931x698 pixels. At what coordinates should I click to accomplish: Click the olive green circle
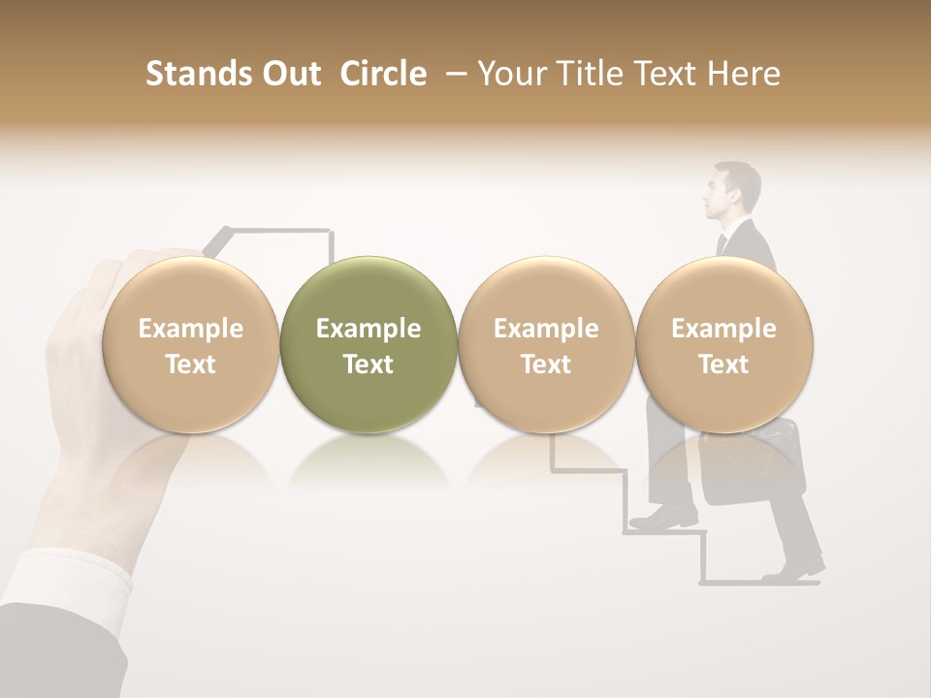tap(369, 344)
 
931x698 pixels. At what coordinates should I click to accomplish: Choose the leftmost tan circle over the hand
tap(190, 344)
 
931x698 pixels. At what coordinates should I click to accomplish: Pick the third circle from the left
tap(546, 344)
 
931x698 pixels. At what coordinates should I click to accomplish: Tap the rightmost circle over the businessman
tap(723, 344)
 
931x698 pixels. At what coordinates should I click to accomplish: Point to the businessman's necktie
tap(722, 243)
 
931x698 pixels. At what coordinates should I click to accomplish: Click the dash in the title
tap(452, 75)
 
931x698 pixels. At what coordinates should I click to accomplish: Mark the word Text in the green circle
tap(369, 365)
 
